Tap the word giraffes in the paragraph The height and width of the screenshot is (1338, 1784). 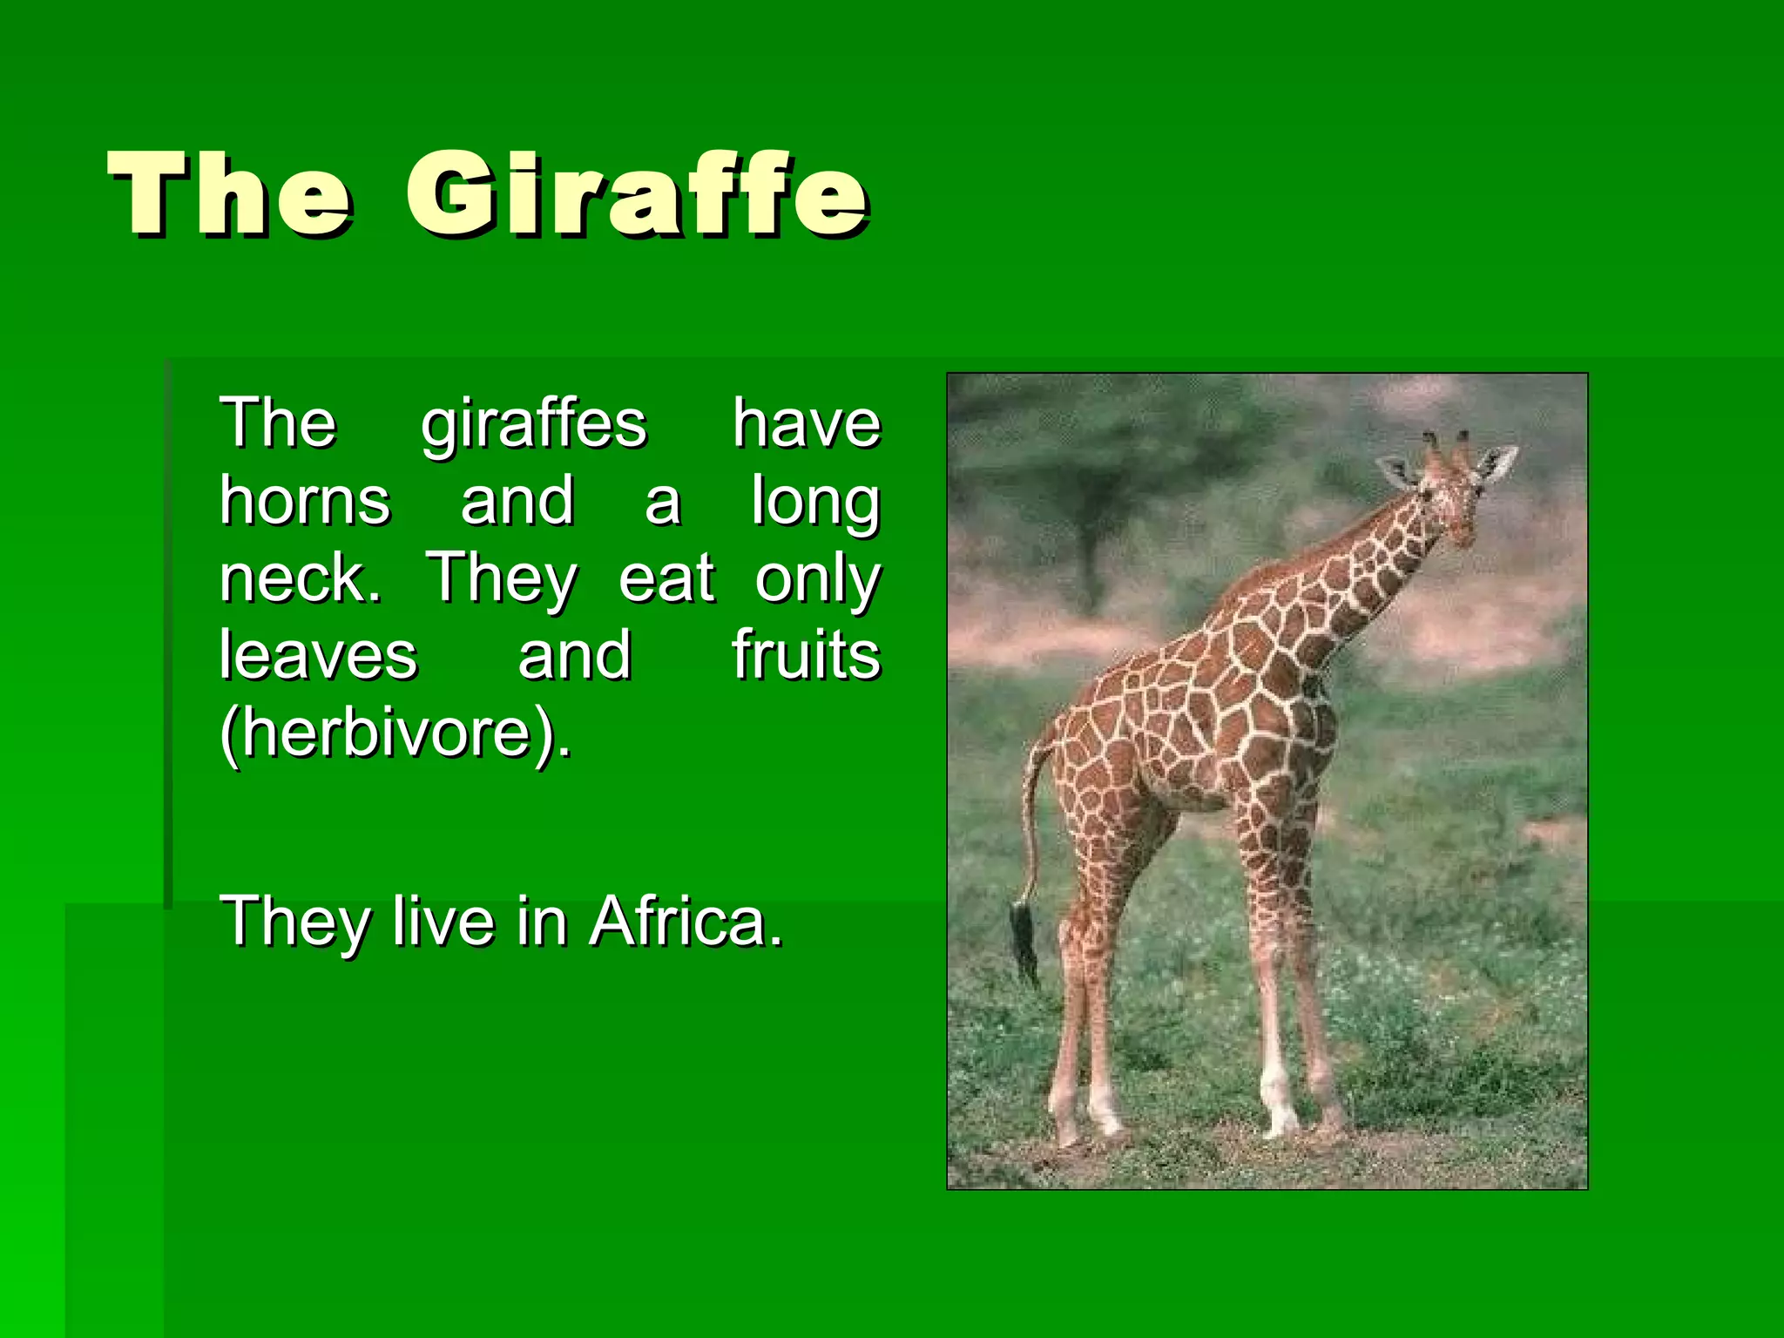pos(534,424)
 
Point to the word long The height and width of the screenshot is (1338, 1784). pos(815,503)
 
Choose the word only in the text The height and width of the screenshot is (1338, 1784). pos(817,580)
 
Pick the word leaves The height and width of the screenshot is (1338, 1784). pos(318,655)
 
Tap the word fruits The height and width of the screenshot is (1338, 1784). pos(806,655)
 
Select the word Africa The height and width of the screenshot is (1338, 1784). pos(686,921)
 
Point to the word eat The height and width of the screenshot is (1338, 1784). pos(666,578)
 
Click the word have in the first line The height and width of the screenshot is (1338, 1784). pos(806,424)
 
